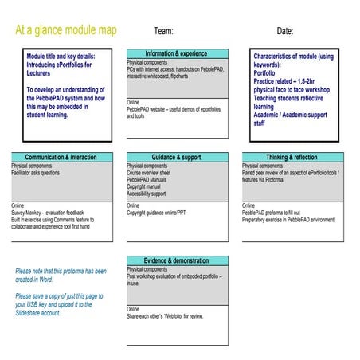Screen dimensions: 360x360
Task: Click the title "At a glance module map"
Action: point(66,30)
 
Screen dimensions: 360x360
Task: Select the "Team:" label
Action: point(163,31)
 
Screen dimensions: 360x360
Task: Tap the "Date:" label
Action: point(285,31)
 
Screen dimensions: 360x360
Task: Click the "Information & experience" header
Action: point(177,54)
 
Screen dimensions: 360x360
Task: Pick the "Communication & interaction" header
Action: point(61,158)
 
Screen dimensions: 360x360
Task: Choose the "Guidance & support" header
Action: point(177,158)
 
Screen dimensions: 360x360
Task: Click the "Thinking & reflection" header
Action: point(292,158)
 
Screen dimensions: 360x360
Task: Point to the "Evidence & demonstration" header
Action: point(177,260)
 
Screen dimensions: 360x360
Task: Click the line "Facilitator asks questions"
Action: point(36,173)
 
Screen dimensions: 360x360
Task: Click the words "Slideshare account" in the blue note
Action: point(38,314)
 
